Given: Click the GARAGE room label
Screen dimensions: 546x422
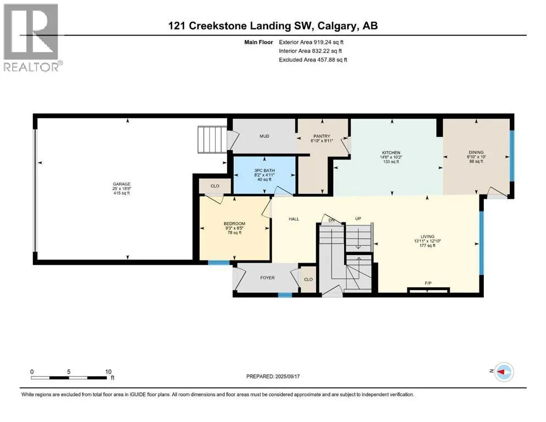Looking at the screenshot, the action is [x=122, y=184].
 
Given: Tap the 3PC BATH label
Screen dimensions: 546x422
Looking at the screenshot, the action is [x=264, y=170].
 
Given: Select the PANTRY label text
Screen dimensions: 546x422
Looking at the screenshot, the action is [x=322, y=136].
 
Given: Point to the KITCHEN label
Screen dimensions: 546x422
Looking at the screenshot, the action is [x=391, y=153].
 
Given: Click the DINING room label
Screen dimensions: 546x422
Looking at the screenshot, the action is [x=476, y=152].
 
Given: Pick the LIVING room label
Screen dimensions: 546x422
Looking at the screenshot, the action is [x=427, y=237].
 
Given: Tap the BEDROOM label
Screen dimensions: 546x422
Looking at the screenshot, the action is [x=234, y=224].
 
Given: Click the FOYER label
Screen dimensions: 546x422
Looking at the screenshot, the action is [x=267, y=277].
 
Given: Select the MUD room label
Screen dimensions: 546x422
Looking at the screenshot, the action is [x=264, y=136].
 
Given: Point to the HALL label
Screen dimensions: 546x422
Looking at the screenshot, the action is [x=294, y=219].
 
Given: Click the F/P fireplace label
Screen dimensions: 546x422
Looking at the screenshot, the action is [x=428, y=283].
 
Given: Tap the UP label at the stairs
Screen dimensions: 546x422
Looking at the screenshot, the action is [x=358, y=219].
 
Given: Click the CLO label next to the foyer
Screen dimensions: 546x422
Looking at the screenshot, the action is [x=308, y=279].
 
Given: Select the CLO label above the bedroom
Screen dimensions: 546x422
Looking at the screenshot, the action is [x=215, y=186].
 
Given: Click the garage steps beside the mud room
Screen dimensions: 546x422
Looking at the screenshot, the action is [x=212, y=140].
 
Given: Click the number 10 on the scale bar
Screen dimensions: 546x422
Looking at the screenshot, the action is [x=108, y=371].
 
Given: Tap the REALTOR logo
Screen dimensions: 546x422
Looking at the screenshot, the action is [x=32, y=37].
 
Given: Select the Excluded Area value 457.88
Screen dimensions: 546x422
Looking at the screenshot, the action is [x=328, y=59].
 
